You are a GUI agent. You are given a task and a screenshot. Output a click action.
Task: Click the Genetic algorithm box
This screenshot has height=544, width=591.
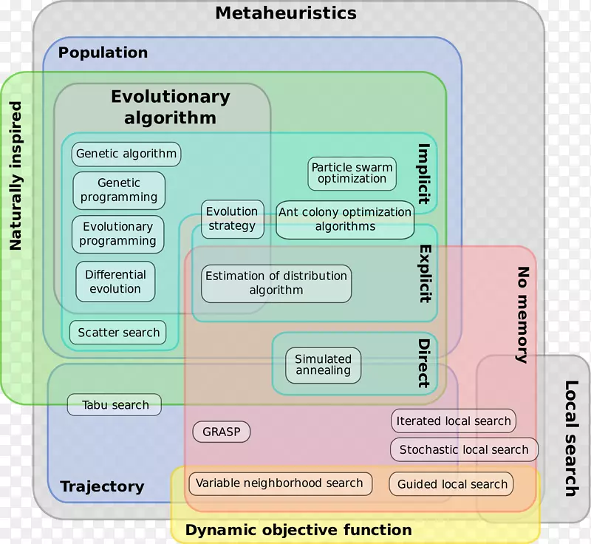(126, 154)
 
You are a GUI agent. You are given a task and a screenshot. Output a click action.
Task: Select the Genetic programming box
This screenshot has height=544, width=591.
(119, 191)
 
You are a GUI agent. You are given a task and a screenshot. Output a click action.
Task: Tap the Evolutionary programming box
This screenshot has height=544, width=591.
(118, 234)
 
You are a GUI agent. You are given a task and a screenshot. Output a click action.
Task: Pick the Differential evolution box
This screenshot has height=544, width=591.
(115, 282)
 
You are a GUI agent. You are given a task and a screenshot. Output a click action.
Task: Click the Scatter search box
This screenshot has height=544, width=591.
(118, 333)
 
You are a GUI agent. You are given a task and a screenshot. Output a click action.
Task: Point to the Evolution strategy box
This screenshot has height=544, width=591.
(232, 219)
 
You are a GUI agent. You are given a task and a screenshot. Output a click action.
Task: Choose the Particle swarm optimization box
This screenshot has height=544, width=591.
(352, 173)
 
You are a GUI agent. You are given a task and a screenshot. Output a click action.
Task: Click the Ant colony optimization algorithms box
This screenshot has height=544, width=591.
(345, 220)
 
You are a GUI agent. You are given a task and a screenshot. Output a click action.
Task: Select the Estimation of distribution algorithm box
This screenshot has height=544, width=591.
(276, 283)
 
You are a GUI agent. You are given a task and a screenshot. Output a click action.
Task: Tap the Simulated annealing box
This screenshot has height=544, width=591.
(324, 365)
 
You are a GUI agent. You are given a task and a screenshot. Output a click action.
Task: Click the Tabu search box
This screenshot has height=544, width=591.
(115, 405)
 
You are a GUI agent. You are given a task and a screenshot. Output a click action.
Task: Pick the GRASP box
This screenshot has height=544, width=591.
(222, 432)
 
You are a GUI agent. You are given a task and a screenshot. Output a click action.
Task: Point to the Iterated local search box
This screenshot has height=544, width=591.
(454, 421)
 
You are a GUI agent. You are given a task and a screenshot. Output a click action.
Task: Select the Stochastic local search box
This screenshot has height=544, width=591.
(464, 449)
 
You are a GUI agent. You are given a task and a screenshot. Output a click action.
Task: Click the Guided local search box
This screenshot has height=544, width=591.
(452, 484)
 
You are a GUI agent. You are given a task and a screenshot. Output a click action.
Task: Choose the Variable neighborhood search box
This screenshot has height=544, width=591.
(279, 483)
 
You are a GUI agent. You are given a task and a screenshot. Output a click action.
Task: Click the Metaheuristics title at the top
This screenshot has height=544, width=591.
(286, 13)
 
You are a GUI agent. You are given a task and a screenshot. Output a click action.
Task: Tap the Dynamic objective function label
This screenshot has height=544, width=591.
(298, 530)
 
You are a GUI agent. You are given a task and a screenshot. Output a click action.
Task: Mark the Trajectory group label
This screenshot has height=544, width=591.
(102, 486)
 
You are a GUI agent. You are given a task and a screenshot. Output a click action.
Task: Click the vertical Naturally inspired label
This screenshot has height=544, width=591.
(16, 176)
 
